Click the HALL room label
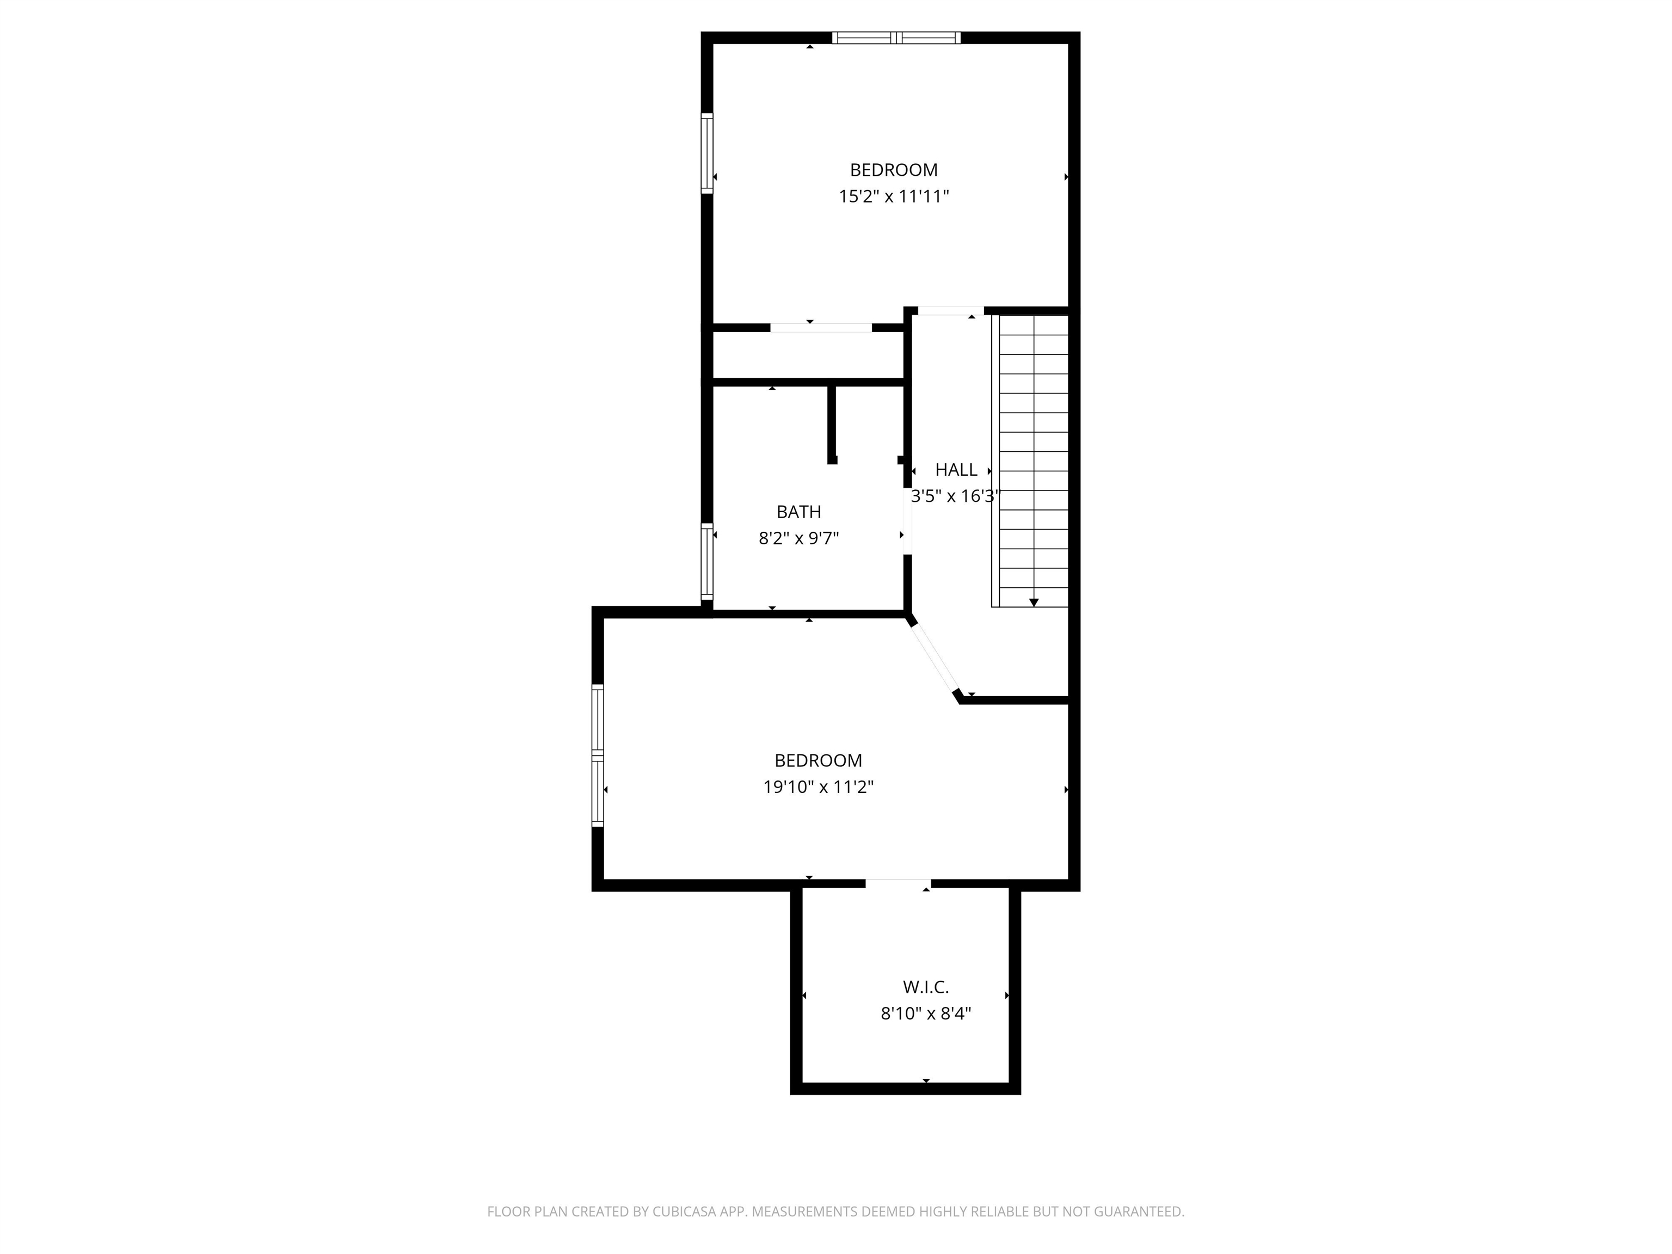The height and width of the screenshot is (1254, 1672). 956,469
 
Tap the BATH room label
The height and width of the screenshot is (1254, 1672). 798,512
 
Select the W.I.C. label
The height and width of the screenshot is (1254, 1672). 925,986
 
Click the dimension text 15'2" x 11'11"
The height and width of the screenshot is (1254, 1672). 894,196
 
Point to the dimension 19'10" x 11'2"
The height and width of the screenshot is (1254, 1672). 818,787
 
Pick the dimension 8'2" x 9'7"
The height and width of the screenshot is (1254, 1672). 798,538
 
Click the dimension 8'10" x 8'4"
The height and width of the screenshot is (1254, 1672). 925,1013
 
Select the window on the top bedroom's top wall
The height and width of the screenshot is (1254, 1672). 896,38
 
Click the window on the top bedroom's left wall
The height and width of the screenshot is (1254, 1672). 707,153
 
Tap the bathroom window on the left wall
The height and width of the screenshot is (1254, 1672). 707,561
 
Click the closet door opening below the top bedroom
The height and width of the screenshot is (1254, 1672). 821,327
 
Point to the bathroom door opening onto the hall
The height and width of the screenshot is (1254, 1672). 907,521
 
